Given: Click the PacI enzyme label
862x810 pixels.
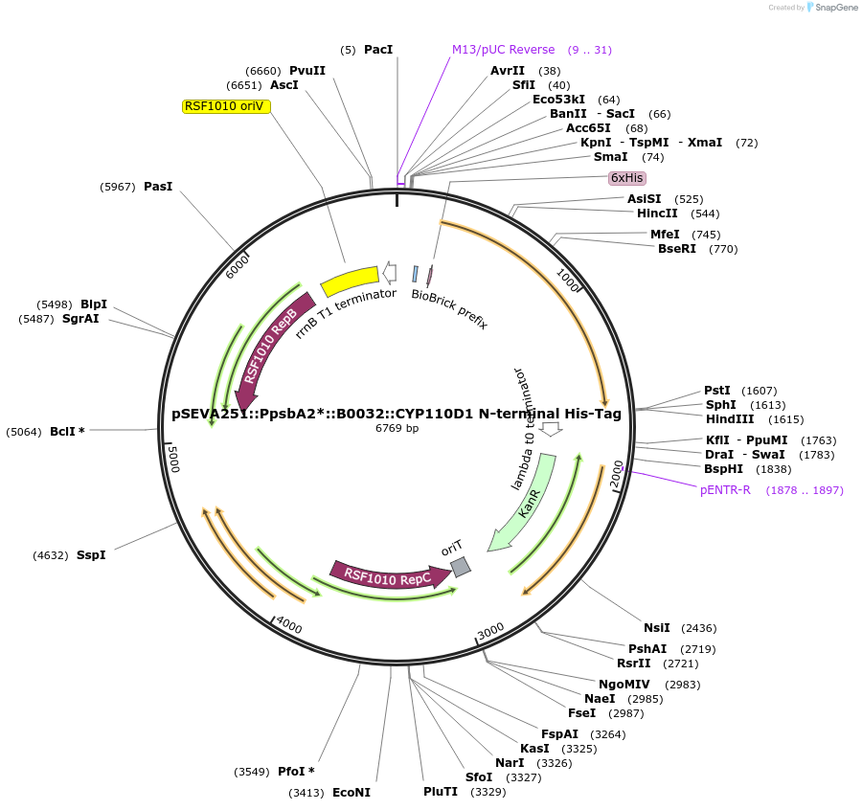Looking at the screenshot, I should click(378, 50).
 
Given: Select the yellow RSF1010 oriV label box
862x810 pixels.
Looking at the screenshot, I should click(226, 106).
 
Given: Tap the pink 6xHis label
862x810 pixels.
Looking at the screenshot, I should click(627, 178).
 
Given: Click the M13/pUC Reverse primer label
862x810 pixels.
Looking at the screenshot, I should click(503, 50).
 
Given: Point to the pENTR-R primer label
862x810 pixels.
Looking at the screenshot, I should click(725, 490).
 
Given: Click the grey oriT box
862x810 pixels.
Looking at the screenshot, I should click(461, 567).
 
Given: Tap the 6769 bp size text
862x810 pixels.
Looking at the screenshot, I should click(397, 428).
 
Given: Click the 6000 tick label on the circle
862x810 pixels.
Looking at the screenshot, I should click(237, 267).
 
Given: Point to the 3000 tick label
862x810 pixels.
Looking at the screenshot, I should click(489, 631).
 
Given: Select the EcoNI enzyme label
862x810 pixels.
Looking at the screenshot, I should click(351, 793).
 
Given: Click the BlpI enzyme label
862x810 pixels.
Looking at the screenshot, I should click(94, 304).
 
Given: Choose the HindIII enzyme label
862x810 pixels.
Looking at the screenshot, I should click(730, 419).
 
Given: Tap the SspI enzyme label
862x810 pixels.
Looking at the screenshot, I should click(91, 555).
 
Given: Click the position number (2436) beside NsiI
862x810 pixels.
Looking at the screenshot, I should click(698, 628).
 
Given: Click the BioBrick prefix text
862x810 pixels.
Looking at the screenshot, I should click(449, 308).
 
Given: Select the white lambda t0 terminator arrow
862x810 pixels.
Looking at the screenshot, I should click(551, 428).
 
